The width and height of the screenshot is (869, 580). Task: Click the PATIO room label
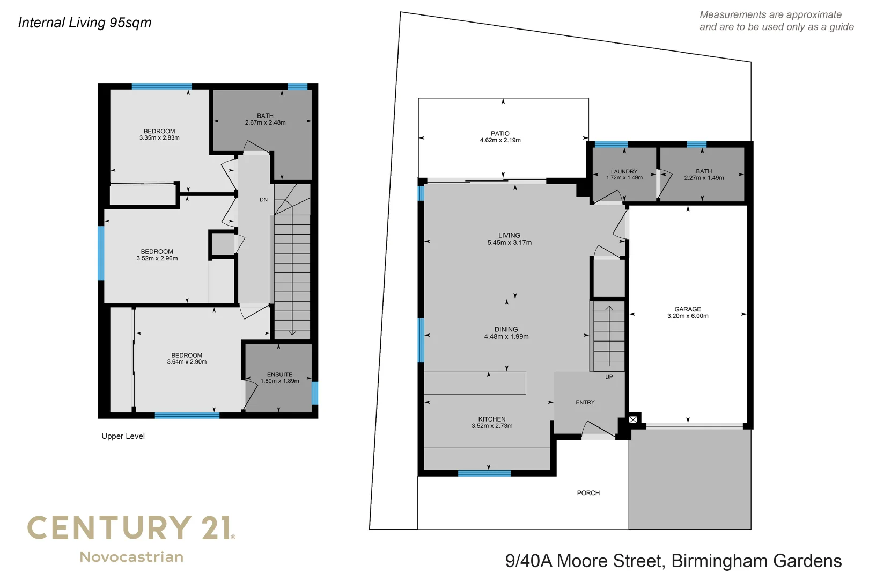point(500,133)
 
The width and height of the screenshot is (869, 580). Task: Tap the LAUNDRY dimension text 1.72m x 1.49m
point(624,178)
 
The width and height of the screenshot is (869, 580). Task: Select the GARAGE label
point(687,309)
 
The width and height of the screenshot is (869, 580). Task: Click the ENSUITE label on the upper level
point(279,374)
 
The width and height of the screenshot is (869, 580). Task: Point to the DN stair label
point(263,200)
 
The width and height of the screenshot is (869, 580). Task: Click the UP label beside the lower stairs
point(609,377)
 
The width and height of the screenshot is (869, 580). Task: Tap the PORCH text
point(588,493)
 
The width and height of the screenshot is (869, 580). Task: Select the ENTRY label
point(585,402)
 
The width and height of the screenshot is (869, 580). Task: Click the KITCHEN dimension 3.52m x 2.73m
point(491,426)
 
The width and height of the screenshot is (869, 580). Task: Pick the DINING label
point(506,329)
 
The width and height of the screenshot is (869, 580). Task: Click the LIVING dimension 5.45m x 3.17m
point(509,243)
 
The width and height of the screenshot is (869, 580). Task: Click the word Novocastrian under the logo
point(131,557)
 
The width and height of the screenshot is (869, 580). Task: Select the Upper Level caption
point(123,436)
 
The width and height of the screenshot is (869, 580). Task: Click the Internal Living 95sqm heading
point(85,23)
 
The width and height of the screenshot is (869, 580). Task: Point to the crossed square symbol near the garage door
point(633,419)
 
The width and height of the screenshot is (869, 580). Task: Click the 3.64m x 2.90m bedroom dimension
point(187,362)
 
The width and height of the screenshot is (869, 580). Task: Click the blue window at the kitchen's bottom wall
point(484,474)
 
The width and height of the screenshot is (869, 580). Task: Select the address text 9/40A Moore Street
point(585,561)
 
